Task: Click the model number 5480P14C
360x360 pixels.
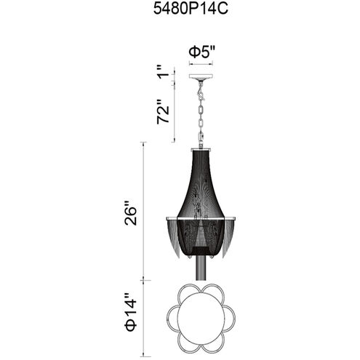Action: [x=191, y=9]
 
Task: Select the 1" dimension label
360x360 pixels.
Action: [x=163, y=71]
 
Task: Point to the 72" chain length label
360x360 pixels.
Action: [x=163, y=111]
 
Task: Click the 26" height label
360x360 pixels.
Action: [x=131, y=213]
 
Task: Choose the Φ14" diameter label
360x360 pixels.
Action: [x=131, y=312]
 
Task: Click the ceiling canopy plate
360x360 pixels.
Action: [x=201, y=76]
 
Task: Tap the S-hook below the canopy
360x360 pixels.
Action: [x=201, y=93]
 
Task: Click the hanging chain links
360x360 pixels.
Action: [x=201, y=121]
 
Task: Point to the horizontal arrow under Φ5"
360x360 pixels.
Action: [x=201, y=64]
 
